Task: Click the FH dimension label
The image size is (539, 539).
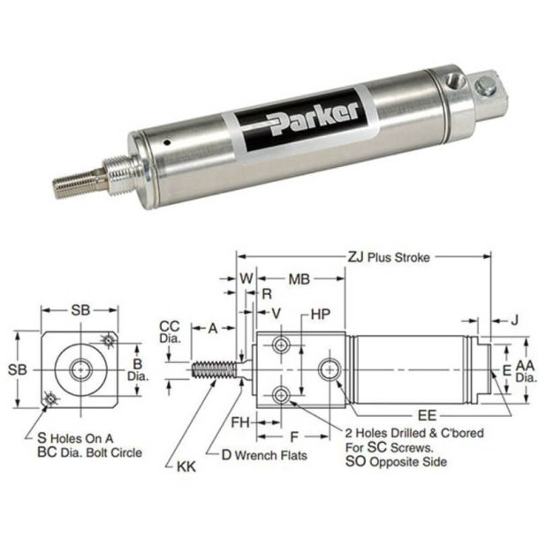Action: [239, 421]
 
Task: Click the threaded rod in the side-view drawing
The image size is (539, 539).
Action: [216, 367]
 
